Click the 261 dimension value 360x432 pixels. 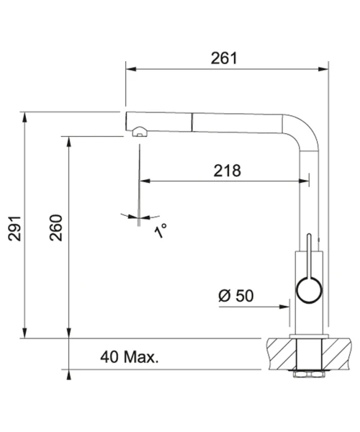tap(224, 58)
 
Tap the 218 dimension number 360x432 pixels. tap(228, 171)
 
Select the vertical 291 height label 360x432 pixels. tap(14, 228)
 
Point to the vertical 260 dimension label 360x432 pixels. tap(56, 228)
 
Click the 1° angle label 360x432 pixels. tap(161, 230)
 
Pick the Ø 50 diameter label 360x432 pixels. tap(235, 296)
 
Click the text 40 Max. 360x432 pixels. tap(130, 357)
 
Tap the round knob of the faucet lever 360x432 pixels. tap(309, 290)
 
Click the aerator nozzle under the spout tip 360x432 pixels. tap(140, 132)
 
